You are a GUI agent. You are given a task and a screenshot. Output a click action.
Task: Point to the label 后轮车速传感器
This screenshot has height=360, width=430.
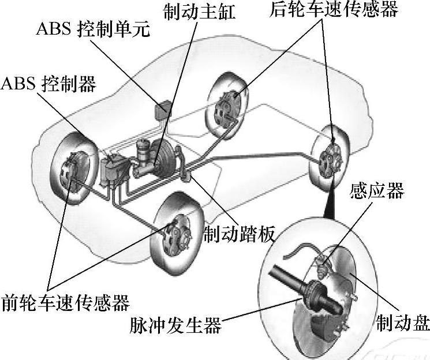(334, 10)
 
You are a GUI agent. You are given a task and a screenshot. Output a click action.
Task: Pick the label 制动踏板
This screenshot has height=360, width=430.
(238, 234)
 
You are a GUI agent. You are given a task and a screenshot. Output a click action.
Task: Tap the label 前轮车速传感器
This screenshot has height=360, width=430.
(65, 302)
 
